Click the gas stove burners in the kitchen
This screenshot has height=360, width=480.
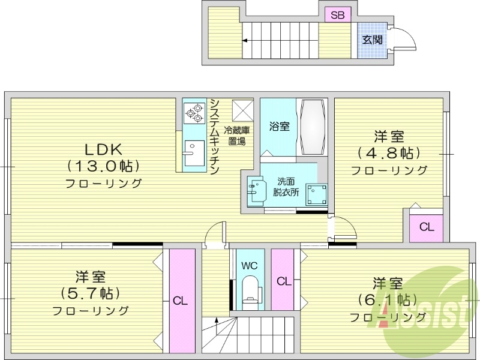pyautogui.click(x=194, y=110)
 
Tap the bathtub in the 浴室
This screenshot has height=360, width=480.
pyautogui.click(x=313, y=125)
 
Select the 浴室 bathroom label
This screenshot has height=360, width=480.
pyautogui.click(x=280, y=127)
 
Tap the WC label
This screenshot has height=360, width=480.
pyautogui.click(x=250, y=265)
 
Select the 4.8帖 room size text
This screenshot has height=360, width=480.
pyautogui.click(x=388, y=152)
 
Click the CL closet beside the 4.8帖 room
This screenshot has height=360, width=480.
pyautogui.click(x=427, y=227)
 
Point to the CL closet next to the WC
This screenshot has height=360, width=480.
pyautogui.click(x=284, y=281)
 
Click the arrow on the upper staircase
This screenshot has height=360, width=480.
pyautogui.click(x=245, y=41)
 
